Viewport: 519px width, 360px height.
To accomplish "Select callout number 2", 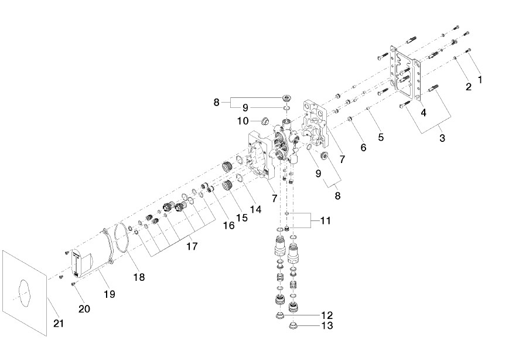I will click(x=468, y=87).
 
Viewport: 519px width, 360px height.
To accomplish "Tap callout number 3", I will click(x=442, y=138).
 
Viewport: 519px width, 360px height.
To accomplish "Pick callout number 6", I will click(x=363, y=148).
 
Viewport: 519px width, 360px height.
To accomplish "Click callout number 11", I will click(x=325, y=221).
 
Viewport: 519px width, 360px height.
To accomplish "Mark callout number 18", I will click(x=139, y=276).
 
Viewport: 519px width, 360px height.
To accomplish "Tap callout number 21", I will click(x=57, y=322).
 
